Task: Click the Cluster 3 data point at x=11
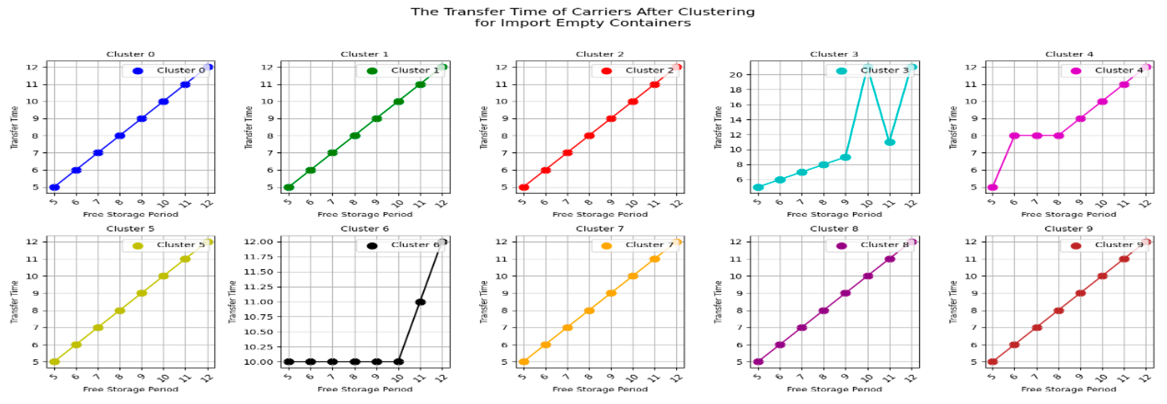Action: (x=890, y=142)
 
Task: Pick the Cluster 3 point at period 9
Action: (x=845, y=157)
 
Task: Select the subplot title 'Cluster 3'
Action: (x=834, y=54)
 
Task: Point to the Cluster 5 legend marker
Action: (x=138, y=246)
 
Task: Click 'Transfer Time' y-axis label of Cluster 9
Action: (x=953, y=301)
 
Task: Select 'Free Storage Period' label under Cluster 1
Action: (x=365, y=214)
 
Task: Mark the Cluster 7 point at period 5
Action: (x=524, y=362)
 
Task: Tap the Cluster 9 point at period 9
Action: (x=1081, y=293)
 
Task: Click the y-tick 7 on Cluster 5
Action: (x=35, y=328)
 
